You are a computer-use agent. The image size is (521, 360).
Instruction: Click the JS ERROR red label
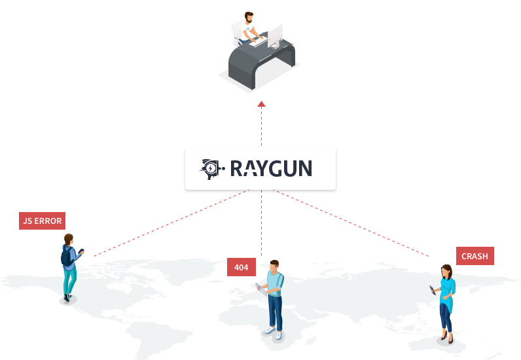pos(42,221)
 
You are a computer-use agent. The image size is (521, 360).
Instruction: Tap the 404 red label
pos(242,267)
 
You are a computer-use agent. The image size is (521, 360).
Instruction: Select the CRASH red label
pos(475,256)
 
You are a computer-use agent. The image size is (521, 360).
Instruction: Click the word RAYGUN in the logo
pos(271,169)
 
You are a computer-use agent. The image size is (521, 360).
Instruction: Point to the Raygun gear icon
pos(211,169)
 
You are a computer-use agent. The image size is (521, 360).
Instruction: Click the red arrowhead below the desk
pos(261,103)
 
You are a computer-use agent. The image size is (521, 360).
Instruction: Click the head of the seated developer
pos(249,16)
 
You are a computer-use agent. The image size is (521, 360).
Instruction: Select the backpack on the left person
pos(65,256)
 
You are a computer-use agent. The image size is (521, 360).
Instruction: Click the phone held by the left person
pos(82,251)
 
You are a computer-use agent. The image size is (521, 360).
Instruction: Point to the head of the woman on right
pos(447,270)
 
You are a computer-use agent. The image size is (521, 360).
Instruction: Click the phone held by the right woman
pos(432,288)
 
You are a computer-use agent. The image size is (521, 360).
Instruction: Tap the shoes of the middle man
pos(274,333)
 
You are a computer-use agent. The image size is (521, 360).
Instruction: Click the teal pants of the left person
pos(69,281)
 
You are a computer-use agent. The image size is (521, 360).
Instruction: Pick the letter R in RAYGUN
pos(237,169)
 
